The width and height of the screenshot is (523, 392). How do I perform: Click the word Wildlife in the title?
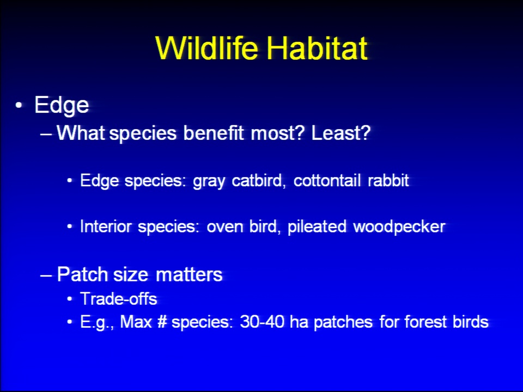click(x=207, y=48)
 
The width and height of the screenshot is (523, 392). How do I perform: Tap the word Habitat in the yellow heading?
click(x=317, y=48)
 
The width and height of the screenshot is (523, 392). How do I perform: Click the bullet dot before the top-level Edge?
click(x=19, y=105)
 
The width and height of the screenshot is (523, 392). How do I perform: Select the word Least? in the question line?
click(x=340, y=133)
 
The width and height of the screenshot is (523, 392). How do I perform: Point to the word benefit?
click(x=214, y=133)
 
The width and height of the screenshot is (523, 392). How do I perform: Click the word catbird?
click(x=258, y=180)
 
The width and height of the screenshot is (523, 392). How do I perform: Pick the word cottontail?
click(x=327, y=180)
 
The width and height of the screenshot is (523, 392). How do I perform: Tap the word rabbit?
click(x=388, y=180)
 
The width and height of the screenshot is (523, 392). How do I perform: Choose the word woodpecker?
click(x=399, y=227)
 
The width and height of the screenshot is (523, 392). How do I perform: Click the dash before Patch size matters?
click(x=46, y=275)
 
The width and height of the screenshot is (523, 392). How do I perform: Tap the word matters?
click(x=189, y=274)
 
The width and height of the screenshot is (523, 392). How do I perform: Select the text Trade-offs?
click(x=119, y=299)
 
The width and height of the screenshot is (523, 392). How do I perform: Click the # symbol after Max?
click(x=162, y=322)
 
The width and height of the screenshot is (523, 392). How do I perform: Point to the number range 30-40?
click(x=262, y=322)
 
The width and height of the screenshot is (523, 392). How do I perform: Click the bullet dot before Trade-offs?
click(x=69, y=299)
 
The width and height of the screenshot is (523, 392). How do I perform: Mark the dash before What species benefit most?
click(x=46, y=134)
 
